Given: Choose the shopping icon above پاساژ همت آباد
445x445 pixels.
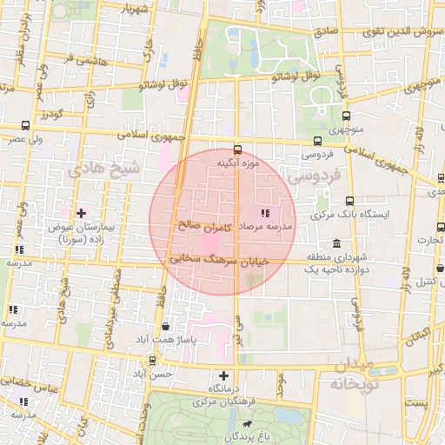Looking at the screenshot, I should tap(165, 327).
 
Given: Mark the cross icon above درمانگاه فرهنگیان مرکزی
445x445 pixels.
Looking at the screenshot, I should tap(223, 375).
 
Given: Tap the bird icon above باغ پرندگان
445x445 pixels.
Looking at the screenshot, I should tap(248, 426).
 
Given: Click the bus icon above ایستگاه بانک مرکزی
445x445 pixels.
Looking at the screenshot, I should tap(349, 200).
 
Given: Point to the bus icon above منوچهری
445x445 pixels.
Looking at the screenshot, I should tap(348, 116).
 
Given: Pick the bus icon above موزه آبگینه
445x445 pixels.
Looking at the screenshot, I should tap(238, 149).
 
